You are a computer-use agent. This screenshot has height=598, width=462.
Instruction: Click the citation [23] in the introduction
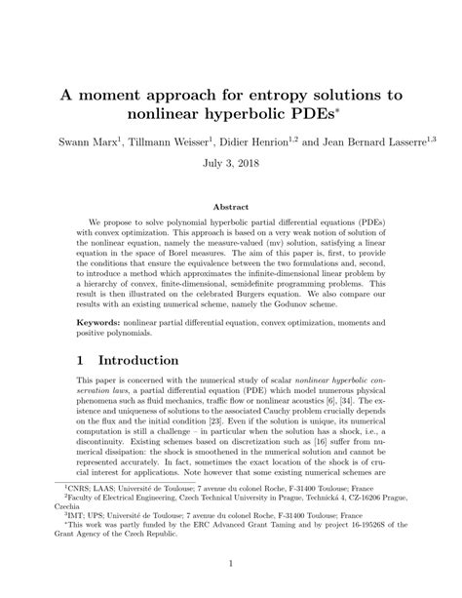tap(252, 426)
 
